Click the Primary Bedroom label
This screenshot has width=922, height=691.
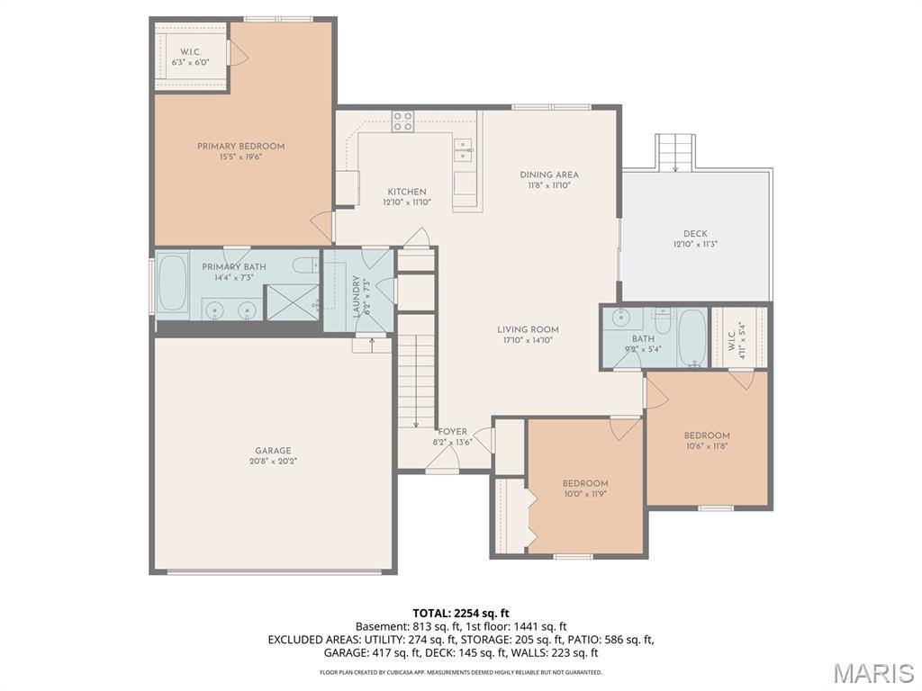point(240,146)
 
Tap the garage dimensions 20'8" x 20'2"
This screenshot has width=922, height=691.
point(272,462)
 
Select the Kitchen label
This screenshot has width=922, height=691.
point(407,192)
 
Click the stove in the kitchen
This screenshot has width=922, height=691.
point(402,121)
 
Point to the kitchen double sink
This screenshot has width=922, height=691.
point(464,149)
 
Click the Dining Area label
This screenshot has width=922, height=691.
point(549,175)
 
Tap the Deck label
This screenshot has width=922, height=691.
point(695,234)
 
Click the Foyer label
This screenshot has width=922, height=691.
point(452,432)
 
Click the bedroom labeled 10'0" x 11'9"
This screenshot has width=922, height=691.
point(585,483)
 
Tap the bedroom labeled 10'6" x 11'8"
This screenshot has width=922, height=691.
point(707,435)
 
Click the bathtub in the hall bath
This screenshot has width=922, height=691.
point(691,337)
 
